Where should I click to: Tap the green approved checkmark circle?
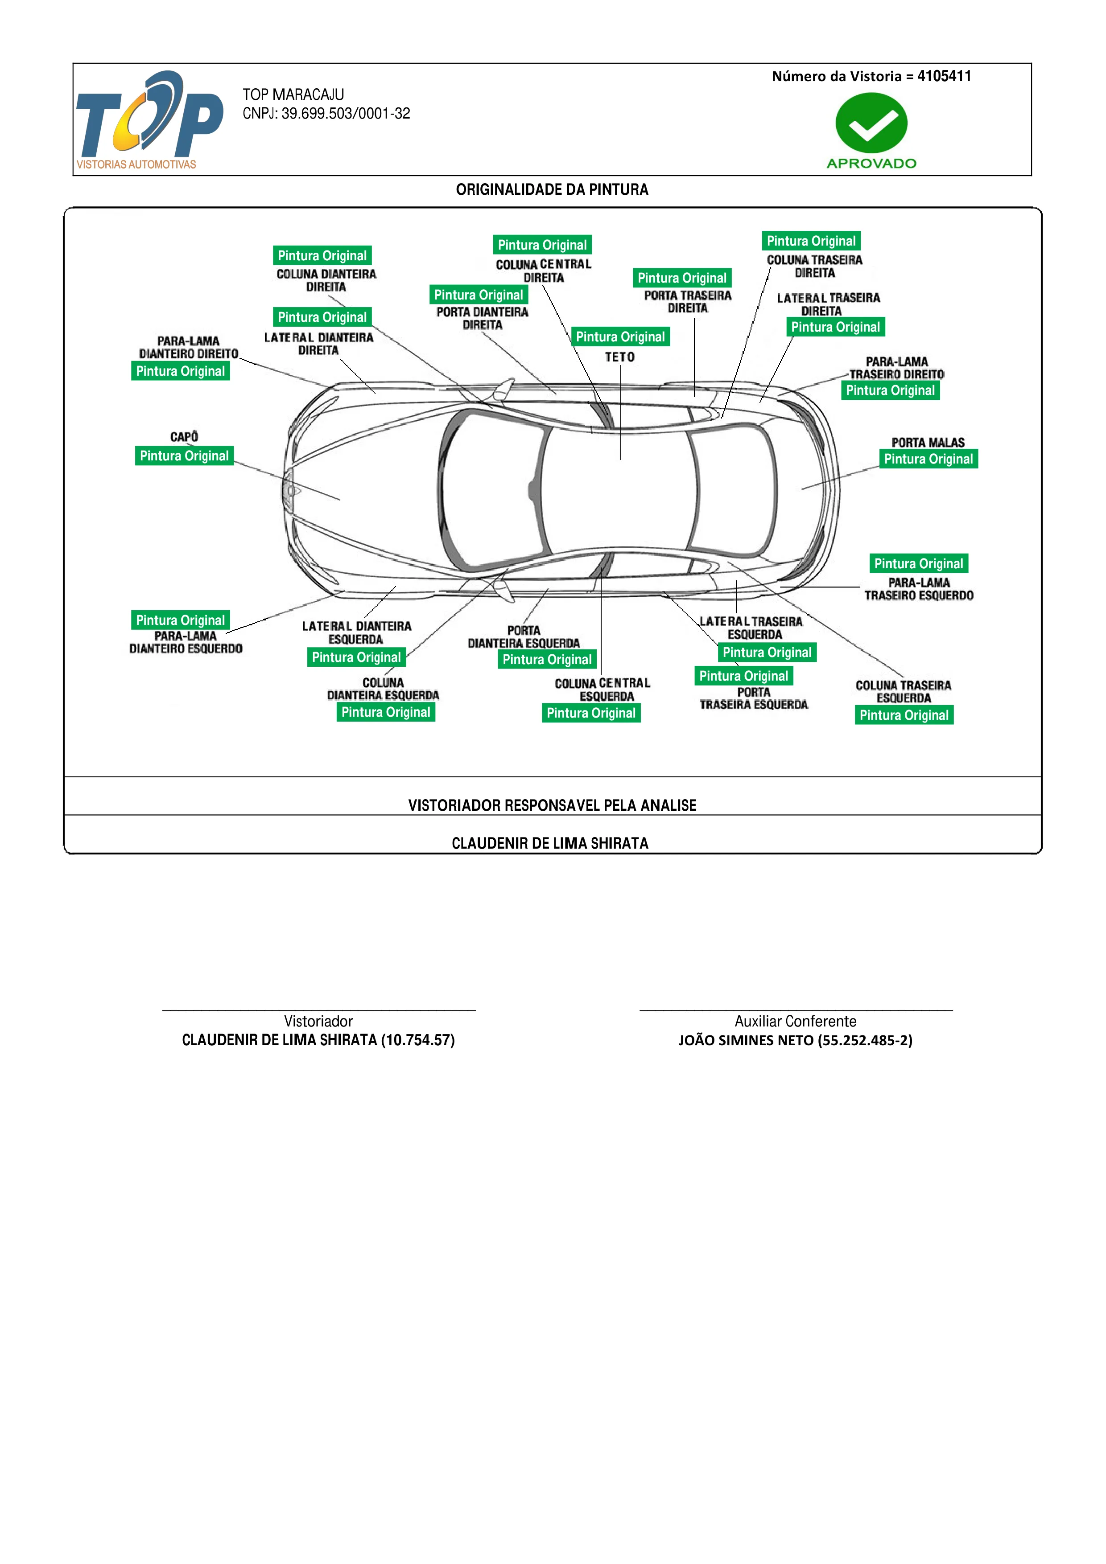871,123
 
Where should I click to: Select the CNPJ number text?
326,114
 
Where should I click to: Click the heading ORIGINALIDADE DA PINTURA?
552,189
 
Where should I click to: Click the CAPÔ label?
184,437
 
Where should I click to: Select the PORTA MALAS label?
928,443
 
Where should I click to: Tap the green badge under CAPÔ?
184,456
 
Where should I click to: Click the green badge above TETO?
620,337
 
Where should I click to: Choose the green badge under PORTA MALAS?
928,459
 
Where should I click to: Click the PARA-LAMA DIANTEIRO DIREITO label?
189,347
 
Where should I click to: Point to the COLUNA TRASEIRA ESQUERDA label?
904,691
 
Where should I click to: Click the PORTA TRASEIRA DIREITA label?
688,302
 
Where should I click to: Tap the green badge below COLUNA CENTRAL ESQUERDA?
591,713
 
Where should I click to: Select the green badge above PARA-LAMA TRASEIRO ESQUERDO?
919,563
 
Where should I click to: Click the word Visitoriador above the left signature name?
318,1021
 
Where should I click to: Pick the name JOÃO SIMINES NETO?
746,1040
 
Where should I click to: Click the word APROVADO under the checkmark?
871,164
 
